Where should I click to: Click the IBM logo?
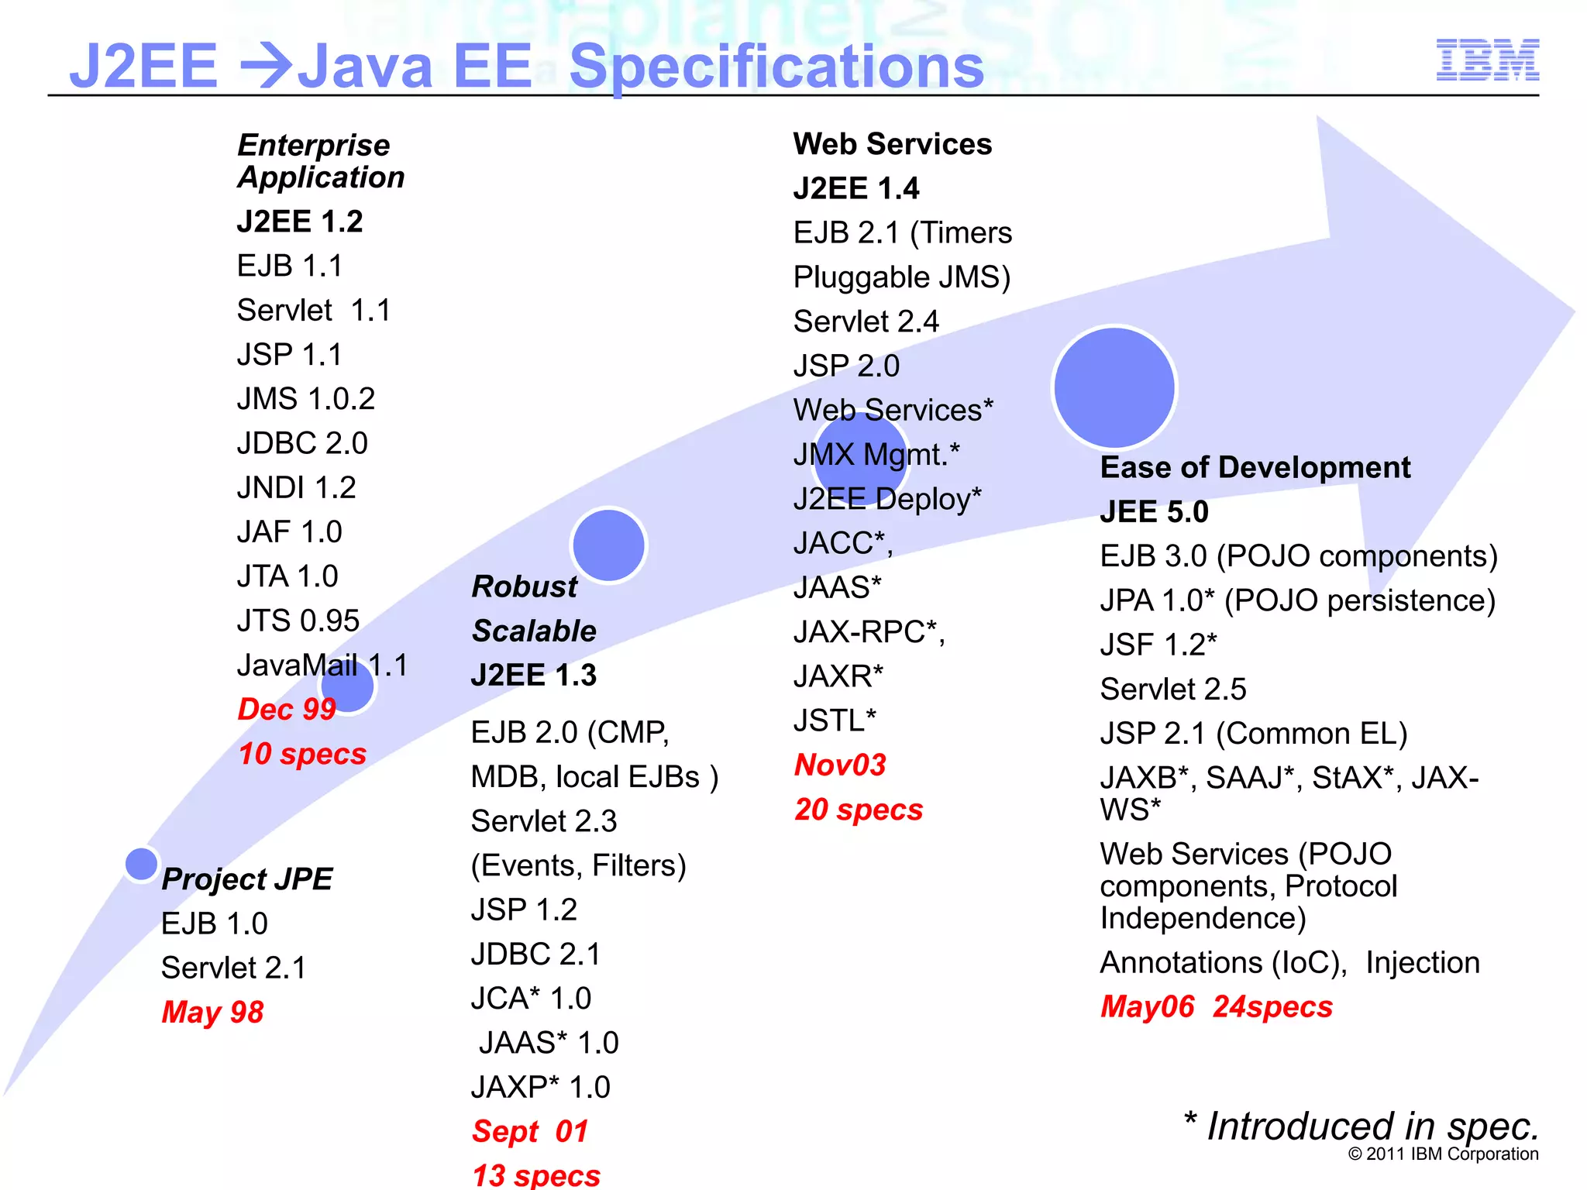(1487, 60)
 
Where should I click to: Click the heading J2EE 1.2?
(300, 222)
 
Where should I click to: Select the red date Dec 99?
(286, 710)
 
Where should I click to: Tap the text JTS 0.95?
(298, 621)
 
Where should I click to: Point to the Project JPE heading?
(247, 879)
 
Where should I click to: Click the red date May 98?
(212, 1013)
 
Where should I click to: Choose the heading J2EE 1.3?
(534, 676)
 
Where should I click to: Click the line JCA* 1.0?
(532, 999)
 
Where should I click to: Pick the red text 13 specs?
(536, 1175)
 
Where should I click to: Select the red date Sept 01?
(530, 1132)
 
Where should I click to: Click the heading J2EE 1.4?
(856, 189)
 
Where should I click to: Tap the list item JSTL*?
(835, 721)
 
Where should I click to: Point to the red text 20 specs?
(859, 810)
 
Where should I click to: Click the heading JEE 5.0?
(1154, 512)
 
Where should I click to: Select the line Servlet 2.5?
(1173, 690)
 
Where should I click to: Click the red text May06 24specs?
(1217, 1007)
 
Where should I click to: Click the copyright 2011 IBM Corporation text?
(1443, 1154)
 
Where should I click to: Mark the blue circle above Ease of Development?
(1114, 387)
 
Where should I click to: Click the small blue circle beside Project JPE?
(141, 864)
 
